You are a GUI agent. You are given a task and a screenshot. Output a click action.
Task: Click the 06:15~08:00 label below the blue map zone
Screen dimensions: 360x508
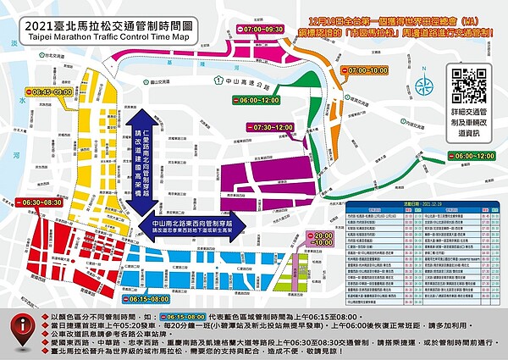[x=154, y=299]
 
